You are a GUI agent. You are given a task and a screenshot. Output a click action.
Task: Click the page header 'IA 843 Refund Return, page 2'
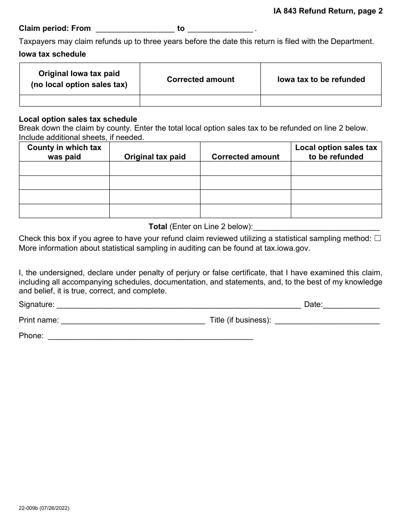click(328, 11)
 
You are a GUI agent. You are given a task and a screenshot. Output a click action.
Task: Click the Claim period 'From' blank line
click(135, 29)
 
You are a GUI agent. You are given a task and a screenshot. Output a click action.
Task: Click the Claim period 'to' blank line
click(220, 29)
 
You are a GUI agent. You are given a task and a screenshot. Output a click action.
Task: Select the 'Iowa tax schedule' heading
click(52, 54)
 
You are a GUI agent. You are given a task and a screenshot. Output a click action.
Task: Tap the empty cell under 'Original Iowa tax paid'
click(79, 101)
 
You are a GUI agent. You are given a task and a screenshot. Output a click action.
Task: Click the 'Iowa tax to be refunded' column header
click(321, 79)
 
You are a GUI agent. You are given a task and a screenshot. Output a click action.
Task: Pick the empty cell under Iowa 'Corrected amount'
click(200, 101)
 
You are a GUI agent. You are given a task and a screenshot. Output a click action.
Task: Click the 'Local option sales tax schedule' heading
click(78, 119)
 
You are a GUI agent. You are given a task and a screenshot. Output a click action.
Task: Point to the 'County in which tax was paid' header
click(64, 152)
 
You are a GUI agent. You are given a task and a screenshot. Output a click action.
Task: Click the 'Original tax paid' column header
click(154, 157)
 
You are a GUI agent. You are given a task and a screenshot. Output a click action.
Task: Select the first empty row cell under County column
click(64, 169)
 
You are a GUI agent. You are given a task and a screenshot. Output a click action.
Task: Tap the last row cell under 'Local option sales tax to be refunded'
click(336, 211)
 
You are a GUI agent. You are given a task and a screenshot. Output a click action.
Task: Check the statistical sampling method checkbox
click(377, 238)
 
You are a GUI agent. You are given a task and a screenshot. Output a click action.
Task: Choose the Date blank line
click(351, 305)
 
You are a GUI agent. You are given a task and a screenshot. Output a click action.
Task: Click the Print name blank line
click(133, 320)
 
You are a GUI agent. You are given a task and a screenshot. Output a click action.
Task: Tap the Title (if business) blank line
click(327, 320)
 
